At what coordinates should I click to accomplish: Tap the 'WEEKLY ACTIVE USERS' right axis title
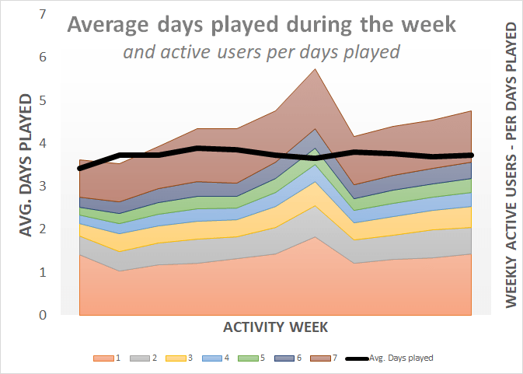511,165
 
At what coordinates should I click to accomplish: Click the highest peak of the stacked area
315,70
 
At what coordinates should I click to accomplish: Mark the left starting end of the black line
80,168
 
